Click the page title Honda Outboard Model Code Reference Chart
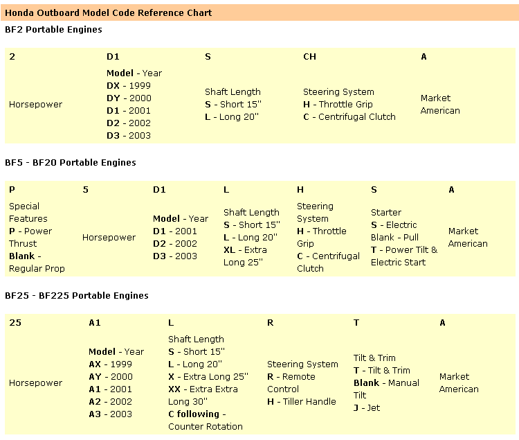pyautogui.click(x=109, y=12)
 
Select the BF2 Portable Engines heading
pyautogui.click(x=53, y=30)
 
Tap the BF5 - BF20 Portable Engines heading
pyautogui.click(x=71, y=163)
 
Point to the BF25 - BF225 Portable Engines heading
pyautogui.click(x=77, y=296)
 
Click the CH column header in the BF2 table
pyautogui.click(x=309, y=57)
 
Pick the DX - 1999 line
pyautogui.click(x=129, y=85)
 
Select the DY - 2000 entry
pyautogui.click(x=129, y=98)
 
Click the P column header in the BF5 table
pyautogui.click(x=12, y=190)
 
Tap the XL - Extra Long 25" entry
pyautogui.click(x=245, y=256)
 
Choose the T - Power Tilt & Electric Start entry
pyautogui.click(x=404, y=256)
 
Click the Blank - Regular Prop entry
pyautogui.click(x=36, y=262)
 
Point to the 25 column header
pyautogui.click(x=15, y=323)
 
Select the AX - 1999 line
pyautogui.click(x=110, y=364)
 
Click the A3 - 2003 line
pyautogui.click(x=110, y=414)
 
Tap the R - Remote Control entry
pyautogui.click(x=291, y=383)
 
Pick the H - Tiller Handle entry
pyautogui.click(x=301, y=402)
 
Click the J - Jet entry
pyautogui.click(x=367, y=408)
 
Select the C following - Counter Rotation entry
pyautogui.click(x=205, y=421)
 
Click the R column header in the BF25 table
pyautogui.click(x=271, y=323)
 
